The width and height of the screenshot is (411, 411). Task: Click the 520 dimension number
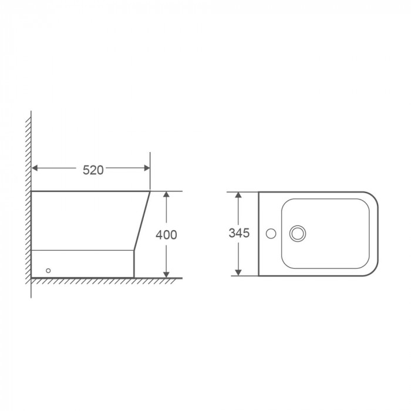pyautogui.click(x=93, y=170)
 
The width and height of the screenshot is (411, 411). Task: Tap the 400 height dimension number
pyautogui.click(x=166, y=234)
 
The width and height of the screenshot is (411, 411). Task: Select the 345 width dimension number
pyautogui.click(x=239, y=233)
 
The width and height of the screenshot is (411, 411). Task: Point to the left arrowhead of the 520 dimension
pyautogui.click(x=35, y=169)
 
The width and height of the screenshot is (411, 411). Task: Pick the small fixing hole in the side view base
pyautogui.click(x=49, y=271)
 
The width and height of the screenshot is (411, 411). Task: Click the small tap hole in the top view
pyautogui.click(x=271, y=234)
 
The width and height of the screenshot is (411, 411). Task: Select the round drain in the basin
pyautogui.click(x=298, y=234)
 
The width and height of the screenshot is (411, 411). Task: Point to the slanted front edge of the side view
pyautogui.click(x=143, y=220)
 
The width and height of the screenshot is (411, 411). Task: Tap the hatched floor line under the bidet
pyautogui.click(x=106, y=280)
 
